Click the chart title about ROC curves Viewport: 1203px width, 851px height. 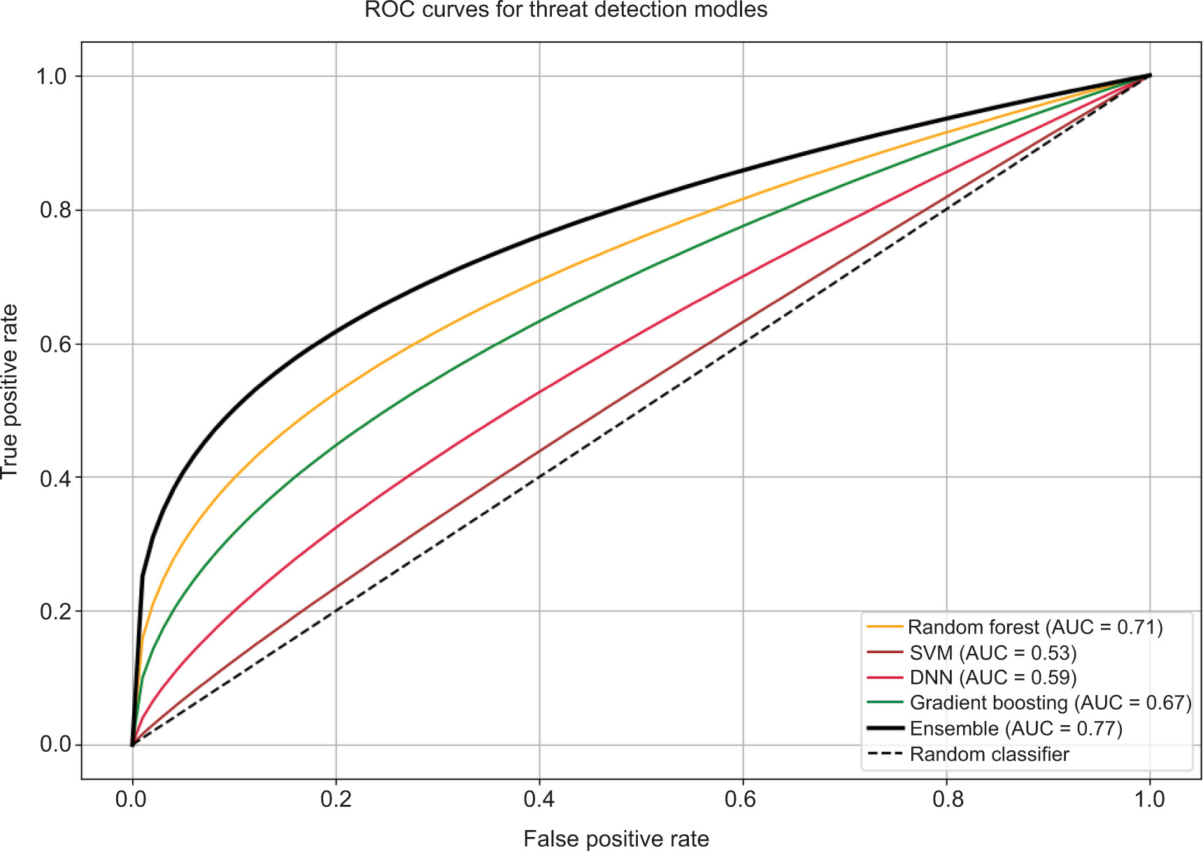coord(566,10)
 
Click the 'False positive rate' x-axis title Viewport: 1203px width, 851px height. coord(615,838)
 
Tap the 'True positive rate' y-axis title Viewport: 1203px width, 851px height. coord(10,392)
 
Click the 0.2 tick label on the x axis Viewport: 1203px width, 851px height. coord(336,799)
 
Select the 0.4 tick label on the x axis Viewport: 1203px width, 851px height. coord(539,799)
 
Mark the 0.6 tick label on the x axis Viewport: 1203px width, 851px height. coord(742,799)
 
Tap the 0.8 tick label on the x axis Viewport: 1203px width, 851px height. coord(946,799)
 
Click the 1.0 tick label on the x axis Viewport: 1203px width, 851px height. coord(1149,799)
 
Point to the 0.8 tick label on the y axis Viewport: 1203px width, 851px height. coord(55,210)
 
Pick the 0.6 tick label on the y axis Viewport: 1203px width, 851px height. coord(55,344)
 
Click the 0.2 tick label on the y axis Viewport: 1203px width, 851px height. coord(55,611)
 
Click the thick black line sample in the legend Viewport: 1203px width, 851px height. coord(885,729)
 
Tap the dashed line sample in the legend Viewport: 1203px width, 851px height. coord(885,755)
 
